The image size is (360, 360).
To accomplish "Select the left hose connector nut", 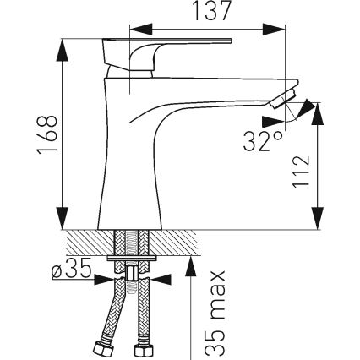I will pos(96,346).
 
